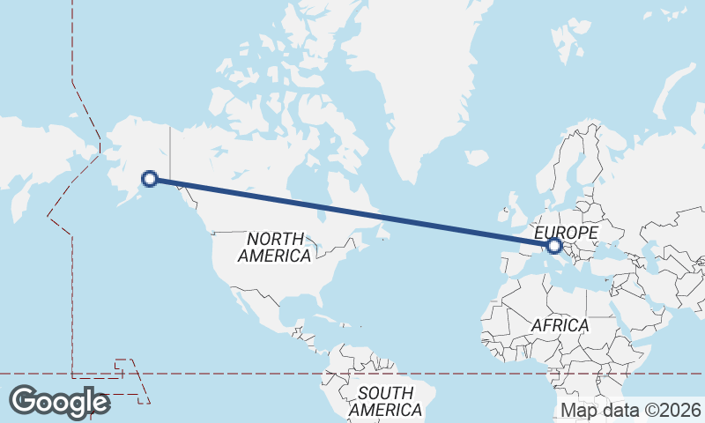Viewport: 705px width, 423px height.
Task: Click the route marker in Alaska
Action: pyautogui.click(x=150, y=179)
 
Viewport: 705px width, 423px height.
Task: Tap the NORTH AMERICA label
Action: pyautogui.click(x=275, y=248)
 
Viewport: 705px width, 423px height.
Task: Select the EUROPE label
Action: pyautogui.click(x=567, y=233)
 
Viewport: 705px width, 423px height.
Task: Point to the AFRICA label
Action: pyautogui.click(x=559, y=325)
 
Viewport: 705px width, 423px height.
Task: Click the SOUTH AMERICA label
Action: pyautogui.click(x=385, y=402)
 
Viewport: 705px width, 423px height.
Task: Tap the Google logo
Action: pyautogui.click(x=59, y=402)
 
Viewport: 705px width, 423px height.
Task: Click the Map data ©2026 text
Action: pyautogui.click(x=630, y=410)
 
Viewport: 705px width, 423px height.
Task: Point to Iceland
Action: pyautogui.click(x=477, y=158)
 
